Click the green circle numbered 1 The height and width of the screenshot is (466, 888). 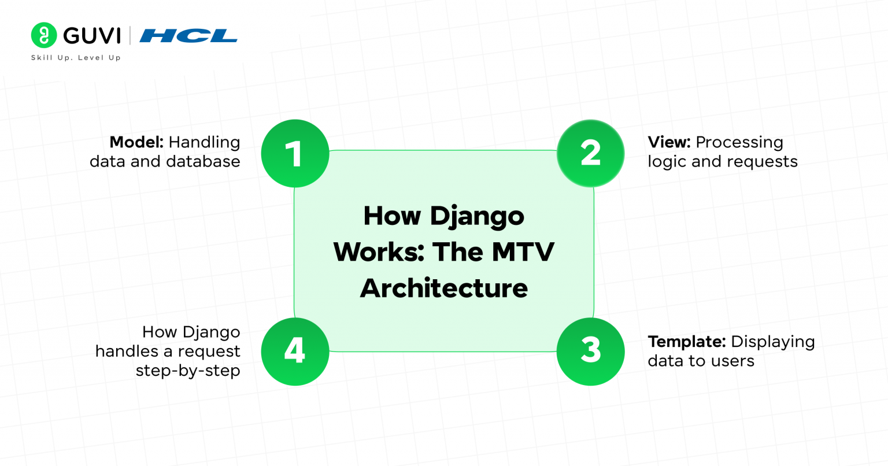(295, 154)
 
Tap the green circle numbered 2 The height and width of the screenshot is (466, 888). (590, 154)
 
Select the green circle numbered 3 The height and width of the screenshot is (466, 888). (590, 351)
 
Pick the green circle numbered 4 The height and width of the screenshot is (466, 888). (295, 351)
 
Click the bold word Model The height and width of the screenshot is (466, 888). (136, 142)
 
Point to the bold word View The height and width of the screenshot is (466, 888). (669, 142)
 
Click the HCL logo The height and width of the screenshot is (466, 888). (188, 36)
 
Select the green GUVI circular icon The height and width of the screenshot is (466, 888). (44, 35)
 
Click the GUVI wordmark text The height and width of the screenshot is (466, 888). (92, 36)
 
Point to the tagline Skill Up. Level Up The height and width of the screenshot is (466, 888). (76, 58)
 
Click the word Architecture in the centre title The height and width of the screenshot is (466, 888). (443, 288)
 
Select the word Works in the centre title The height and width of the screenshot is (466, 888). (378, 252)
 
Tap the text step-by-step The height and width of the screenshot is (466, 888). (188, 371)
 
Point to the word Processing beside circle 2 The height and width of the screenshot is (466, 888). (739, 143)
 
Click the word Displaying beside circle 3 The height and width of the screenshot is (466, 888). (772, 342)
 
